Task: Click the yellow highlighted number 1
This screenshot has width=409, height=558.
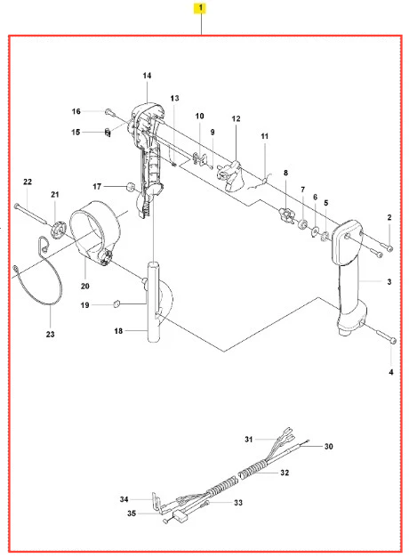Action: click(200, 8)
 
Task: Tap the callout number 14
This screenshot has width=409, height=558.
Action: click(147, 76)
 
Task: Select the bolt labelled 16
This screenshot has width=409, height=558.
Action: click(108, 112)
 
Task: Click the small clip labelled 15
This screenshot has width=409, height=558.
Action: click(108, 133)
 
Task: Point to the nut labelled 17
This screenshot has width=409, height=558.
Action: click(132, 187)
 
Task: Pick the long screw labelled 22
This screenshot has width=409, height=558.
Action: click(30, 214)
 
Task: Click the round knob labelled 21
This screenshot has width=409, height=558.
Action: click(58, 229)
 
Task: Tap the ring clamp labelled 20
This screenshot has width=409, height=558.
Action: click(95, 231)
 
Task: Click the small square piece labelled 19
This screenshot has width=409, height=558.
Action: click(116, 303)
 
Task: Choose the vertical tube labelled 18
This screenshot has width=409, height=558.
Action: click(154, 302)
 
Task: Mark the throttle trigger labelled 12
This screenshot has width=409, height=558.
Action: click(229, 175)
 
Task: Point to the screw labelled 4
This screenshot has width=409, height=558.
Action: click(386, 337)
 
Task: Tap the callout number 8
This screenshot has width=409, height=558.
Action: click(285, 173)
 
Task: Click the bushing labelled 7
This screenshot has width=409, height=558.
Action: click(303, 224)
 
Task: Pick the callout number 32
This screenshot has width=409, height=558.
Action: click(285, 473)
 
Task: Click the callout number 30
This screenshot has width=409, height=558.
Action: click(328, 446)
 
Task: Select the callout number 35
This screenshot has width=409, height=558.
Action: click(132, 514)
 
